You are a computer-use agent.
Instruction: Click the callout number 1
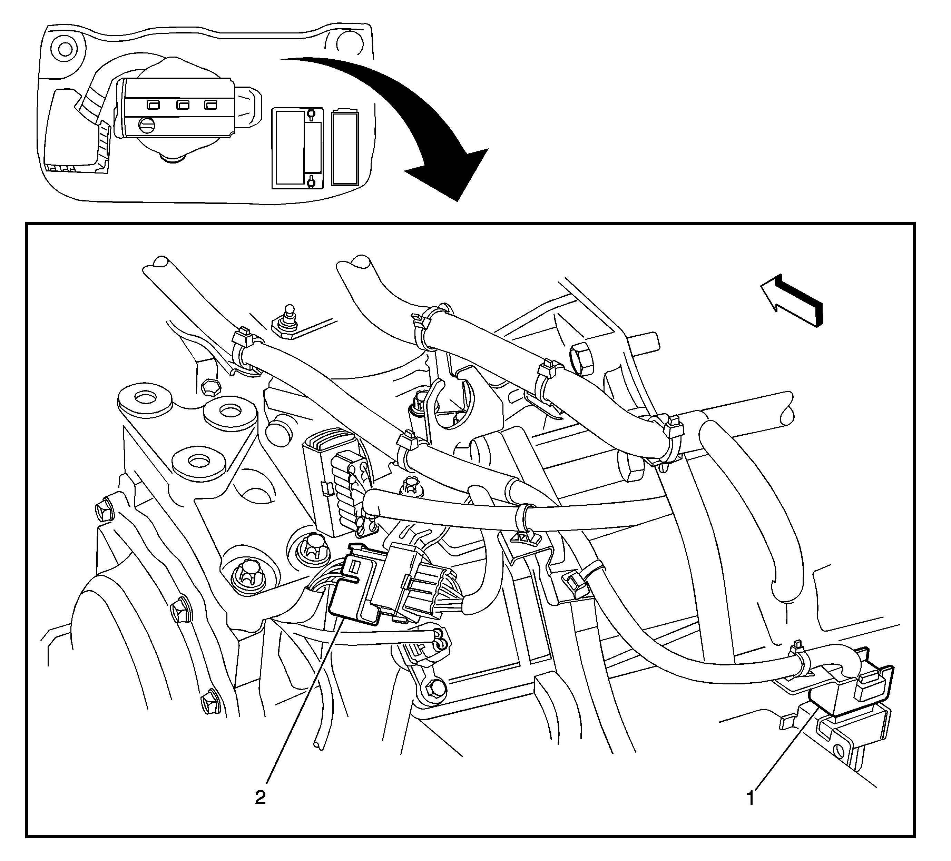pyautogui.click(x=751, y=798)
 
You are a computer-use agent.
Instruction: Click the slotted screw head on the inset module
pyautogui.click(x=145, y=125)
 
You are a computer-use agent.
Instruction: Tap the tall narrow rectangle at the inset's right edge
pyautogui.click(x=345, y=147)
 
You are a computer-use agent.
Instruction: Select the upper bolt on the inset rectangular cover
pyautogui.click(x=311, y=113)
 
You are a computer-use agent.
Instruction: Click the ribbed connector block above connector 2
pyautogui.click(x=336, y=481)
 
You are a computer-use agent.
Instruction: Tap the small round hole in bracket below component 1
pyautogui.click(x=839, y=749)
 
